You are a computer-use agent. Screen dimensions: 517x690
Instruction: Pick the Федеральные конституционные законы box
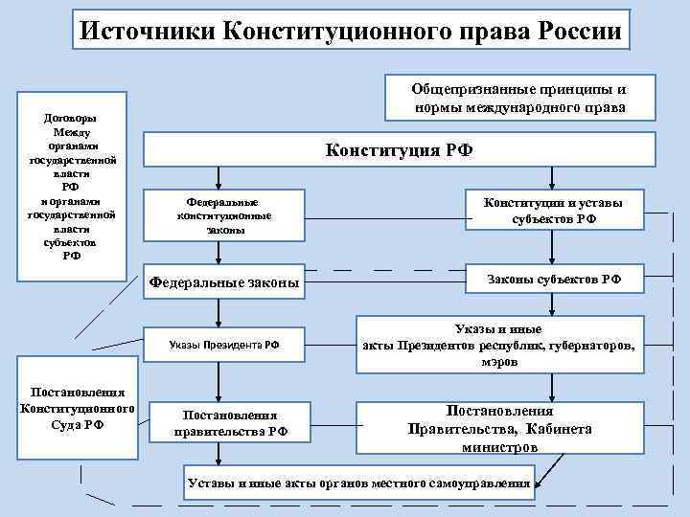pos(224,216)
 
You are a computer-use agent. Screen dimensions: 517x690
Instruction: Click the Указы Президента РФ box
pos(224,343)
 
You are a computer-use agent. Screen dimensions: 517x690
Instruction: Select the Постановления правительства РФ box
pos(230,422)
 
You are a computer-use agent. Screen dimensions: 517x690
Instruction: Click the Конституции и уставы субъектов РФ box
pos(553,211)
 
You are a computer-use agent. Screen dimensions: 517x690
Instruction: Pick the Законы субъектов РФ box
pos(554,279)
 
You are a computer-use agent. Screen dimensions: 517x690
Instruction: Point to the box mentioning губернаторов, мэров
pos(504,346)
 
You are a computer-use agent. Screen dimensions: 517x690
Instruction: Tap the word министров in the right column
pos(499,447)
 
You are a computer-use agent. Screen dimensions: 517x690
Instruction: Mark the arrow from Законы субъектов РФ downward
pos(552,304)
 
